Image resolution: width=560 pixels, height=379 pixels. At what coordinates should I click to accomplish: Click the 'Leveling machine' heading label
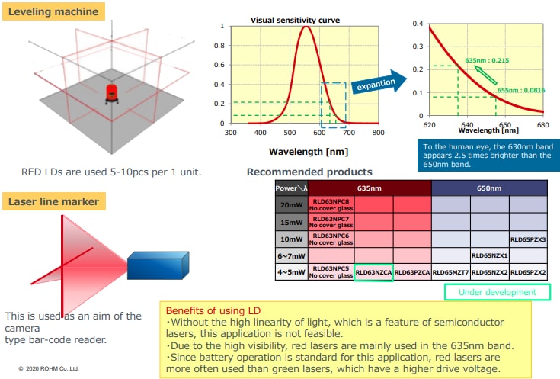(x=53, y=11)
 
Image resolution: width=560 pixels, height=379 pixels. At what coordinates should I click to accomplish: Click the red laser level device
(x=111, y=95)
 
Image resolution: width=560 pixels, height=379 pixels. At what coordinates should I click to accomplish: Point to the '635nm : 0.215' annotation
(x=487, y=59)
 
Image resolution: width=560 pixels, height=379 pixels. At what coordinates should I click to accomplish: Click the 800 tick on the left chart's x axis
(x=377, y=132)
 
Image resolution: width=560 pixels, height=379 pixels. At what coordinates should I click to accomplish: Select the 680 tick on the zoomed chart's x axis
(x=542, y=124)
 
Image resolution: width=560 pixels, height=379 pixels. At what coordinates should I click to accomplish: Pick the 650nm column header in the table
(x=489, y=188)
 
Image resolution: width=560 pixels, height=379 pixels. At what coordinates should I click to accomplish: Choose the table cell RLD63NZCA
(x=373, y=272)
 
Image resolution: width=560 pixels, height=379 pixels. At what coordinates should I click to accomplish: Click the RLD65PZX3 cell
(x=528, y=238)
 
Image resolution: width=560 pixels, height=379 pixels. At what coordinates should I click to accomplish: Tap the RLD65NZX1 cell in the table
(x=489, y=255)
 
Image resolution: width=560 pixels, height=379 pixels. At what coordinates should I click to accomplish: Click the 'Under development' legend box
(x=497, y=292)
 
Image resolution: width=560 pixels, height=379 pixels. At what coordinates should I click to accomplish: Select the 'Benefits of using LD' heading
(x=213, y=311)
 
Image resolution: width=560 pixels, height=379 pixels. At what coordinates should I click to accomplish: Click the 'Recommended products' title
(x=309, y=172)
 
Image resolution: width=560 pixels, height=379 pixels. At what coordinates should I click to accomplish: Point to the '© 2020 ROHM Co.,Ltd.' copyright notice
(x=49, y=368)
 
